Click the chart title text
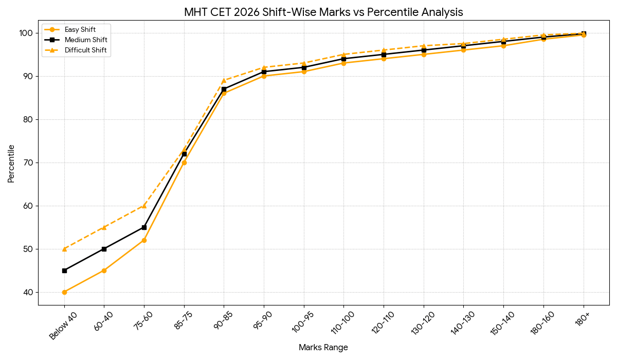[323, 12]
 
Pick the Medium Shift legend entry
[86, 40]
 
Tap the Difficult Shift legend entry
[85, 50]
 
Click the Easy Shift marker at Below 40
[64, 292]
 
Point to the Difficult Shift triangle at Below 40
[64, 249]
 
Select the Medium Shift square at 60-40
[104, 249]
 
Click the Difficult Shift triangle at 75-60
[144, 206]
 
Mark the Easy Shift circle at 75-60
[144, 240]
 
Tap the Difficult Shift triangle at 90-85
[224, 80]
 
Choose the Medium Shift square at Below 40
[64, 271]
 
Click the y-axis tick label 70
[28, 163]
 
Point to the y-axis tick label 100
[26, 33]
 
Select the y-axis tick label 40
[28, 292]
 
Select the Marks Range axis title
[323, 348]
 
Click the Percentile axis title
[11, 163]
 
